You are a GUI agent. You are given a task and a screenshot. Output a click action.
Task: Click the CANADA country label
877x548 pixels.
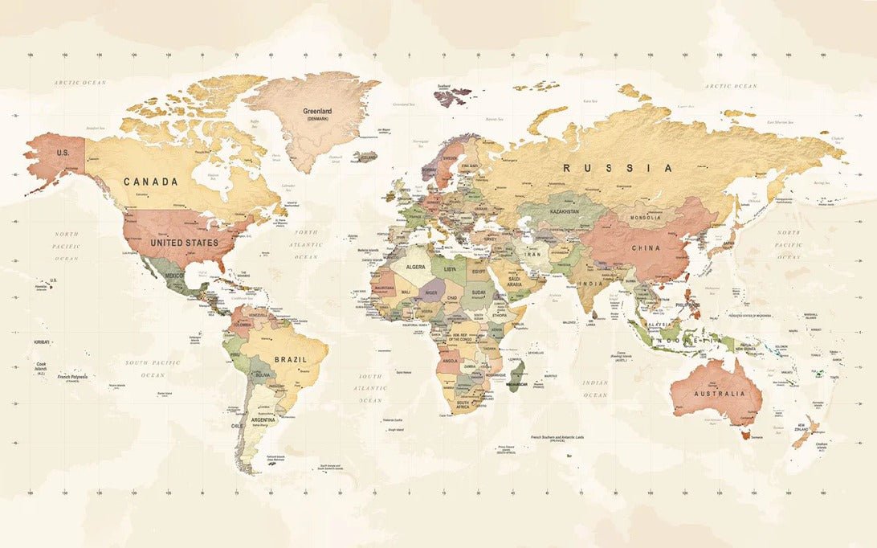(x=150, y=182)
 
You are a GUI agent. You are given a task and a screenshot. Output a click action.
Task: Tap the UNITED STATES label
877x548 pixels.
(x=185, y=243)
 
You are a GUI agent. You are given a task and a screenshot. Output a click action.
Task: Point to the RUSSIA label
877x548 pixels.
(x=618, y=168)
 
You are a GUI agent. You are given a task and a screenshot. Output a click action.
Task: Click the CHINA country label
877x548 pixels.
(x=645, y=248)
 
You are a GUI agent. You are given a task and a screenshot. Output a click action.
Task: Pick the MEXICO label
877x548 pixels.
(x=174, y=276)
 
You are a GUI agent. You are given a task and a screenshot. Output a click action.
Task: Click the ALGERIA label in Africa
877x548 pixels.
(x=415, y=267)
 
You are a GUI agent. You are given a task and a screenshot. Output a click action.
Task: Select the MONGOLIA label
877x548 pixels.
(x=646, y=218)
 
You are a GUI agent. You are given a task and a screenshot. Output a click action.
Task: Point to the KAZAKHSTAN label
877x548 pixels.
(x=564, y=211)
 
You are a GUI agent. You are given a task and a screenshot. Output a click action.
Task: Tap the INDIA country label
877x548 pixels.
(x=592, y=284)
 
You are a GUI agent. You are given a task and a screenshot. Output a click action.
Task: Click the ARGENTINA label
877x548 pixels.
(x=263, y=419)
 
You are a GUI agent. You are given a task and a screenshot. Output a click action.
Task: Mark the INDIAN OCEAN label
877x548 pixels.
(x=595, y=389)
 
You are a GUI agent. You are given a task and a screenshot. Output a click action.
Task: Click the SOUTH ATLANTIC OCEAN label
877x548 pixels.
(x=371, y=388)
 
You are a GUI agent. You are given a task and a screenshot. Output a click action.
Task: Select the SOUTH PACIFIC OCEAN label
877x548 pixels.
(x=153, y=369)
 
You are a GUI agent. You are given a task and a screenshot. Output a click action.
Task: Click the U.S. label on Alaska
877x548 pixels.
(x=63, y=152)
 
